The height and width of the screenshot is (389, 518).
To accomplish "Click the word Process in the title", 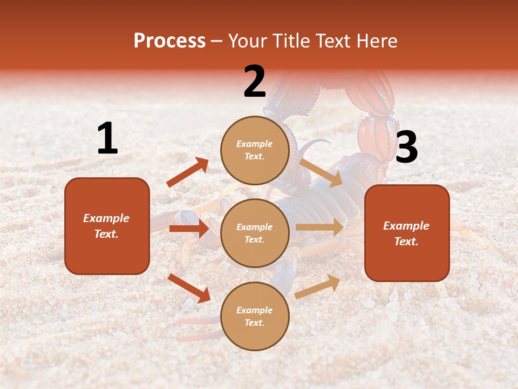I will tap(169, 41).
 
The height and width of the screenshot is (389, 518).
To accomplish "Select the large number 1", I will tap(107, 138).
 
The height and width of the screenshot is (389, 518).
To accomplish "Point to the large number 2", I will tap(255, 82).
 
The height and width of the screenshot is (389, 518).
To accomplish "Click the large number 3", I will tap(406, 147).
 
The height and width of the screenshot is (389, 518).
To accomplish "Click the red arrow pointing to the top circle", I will tap(187, 172).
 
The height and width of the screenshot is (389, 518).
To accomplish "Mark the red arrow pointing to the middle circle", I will tap(189, 229).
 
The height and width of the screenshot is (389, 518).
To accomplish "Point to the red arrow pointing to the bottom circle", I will tap(189, 287).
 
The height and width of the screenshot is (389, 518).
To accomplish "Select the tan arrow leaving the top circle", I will tap(321, 172).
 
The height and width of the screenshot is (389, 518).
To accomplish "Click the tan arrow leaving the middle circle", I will tap(319, 227).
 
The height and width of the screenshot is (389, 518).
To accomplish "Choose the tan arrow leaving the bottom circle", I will tap(317, 286).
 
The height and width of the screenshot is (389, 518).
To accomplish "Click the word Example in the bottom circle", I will tap(254, 310).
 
